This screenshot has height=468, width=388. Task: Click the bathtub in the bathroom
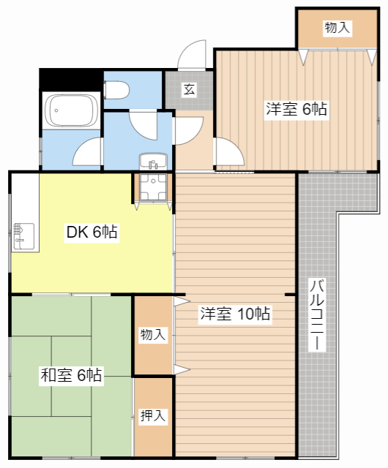pyautogui.click(x=71, y=110)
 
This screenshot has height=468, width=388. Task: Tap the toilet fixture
pyautogui.click(x=116, y=90)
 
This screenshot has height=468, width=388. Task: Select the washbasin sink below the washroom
pyautogui.click(x=153, y=162)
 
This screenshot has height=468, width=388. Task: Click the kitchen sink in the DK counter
pyautogui.click(x=24, y=236)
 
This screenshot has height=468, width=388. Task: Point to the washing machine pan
pyautogui.click(x=153, y=187)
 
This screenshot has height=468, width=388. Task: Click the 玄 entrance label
pyautogui.click(x=190, y=88)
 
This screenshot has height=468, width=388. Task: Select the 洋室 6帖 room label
pyautogui.click(x=296, y=109)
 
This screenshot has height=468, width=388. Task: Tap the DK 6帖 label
pyautogui.click(x=92, y=232)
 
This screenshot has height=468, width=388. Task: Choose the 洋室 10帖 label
pyautogui.click(x=235, y=314)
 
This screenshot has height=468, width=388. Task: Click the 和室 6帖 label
pyautogui.click(x=71, y=375)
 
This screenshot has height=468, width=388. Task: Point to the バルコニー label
pyautogui.click(x=317, y=314)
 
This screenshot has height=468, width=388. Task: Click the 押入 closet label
pyautogui.click(x=153, y=415)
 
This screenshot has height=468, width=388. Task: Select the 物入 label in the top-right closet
pyautogui.click(x=337, y=28)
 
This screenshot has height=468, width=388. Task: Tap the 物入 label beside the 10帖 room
pyautogui.click(x=153, y=334)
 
